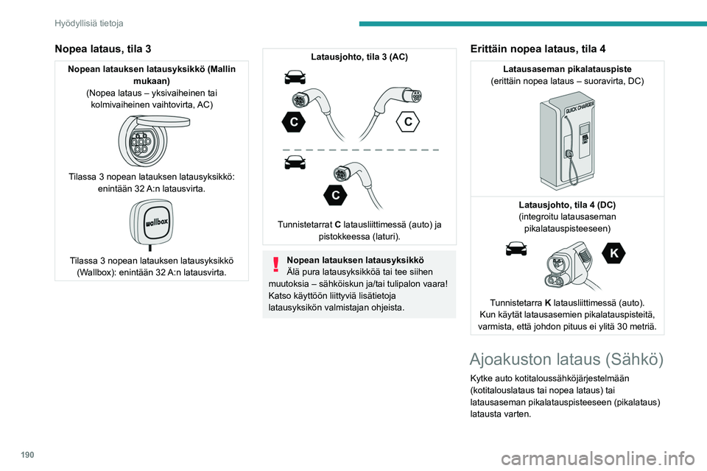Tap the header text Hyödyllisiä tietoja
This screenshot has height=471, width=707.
[88, 24]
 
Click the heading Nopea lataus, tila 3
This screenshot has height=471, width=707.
[103, 49]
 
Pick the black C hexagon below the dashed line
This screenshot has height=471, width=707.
[335, 195]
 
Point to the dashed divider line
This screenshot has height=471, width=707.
[360, 149]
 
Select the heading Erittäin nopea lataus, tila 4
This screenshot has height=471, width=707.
[538, 49]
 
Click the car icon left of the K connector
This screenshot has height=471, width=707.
[516, 250]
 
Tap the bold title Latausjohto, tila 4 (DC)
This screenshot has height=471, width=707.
[567, 204]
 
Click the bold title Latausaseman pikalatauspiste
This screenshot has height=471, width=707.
[567, 68]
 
